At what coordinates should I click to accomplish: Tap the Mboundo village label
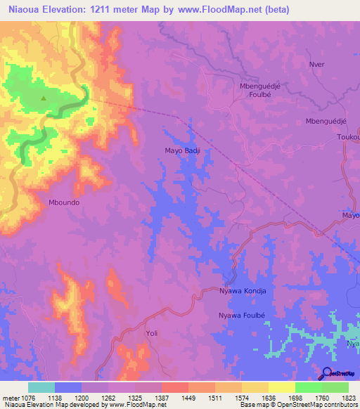(x=63, y=202)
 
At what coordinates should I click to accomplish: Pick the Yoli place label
(x=151, y=333)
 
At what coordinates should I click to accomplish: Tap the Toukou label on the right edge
(x=347, y=137)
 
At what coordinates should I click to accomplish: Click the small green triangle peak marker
(x=44, y=98)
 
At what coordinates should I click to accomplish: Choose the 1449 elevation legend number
(x=188, y=397)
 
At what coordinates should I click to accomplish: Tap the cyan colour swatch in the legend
(x=41, y=387)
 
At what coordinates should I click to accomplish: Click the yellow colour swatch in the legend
(x=281, y=387)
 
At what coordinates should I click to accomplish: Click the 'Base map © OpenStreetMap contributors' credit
(x=298, y=405)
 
